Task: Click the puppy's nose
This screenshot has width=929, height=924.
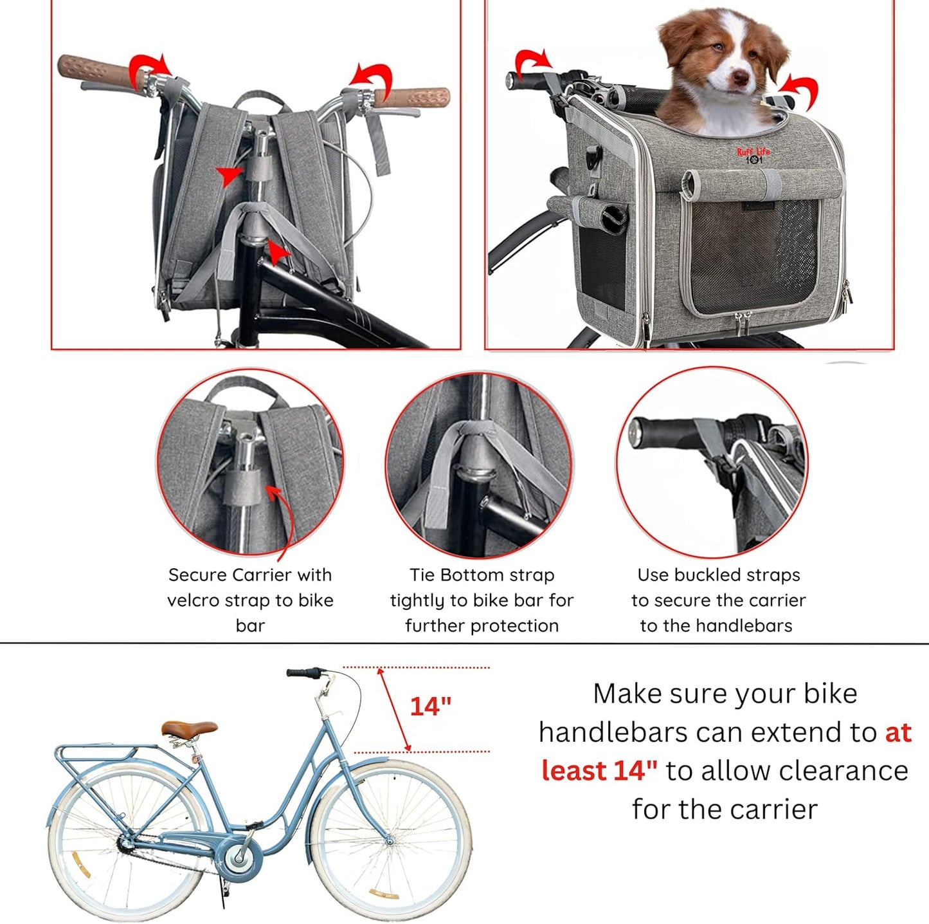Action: tap(741, 79)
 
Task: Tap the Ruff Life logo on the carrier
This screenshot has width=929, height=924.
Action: tap(753, 155)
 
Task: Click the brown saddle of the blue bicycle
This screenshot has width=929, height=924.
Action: tap(190, 728)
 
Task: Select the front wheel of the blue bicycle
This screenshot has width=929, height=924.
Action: tap(390, 840)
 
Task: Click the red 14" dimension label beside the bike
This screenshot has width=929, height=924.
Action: tap(431, 707)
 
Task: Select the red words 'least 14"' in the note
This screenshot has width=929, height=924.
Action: tap(599, 770)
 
